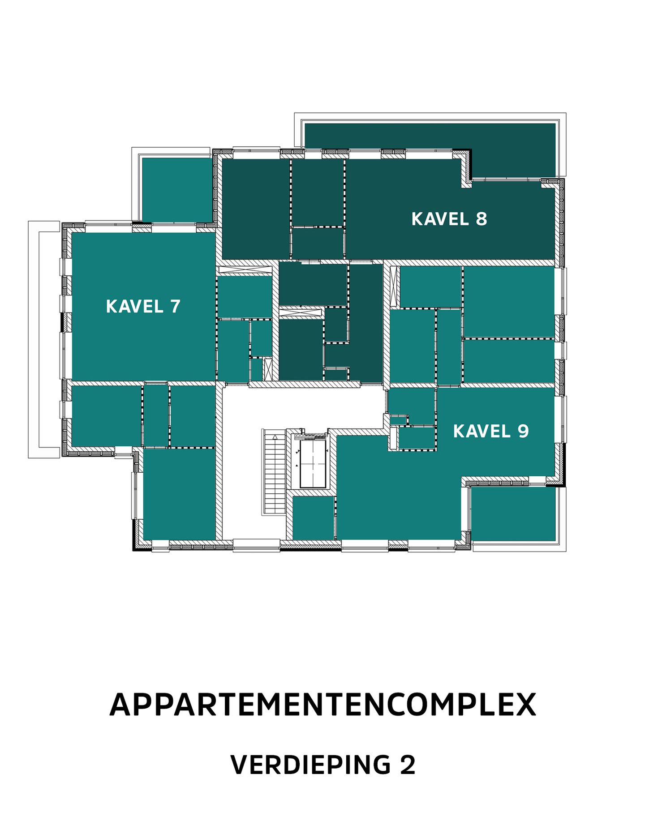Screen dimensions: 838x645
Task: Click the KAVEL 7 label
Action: [x=143, y=307]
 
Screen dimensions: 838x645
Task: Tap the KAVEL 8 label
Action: [x=449, y=219]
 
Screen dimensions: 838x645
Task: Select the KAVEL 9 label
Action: [x=490, y=431]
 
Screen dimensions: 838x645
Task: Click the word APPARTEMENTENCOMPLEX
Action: [x=322, y=705]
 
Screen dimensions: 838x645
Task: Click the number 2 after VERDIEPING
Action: [x=407, y=765]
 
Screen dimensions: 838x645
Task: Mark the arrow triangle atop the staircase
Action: [x=275, y=435]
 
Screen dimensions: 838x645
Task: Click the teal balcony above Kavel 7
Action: [x=176, y=189]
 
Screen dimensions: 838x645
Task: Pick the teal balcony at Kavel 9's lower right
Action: [x=513, y=514]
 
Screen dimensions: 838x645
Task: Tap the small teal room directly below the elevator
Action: [x=313, y=517]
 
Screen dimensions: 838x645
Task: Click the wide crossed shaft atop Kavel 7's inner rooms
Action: [x=245, y=270]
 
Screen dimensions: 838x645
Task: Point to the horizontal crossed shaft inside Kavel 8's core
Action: [x=301, y=312]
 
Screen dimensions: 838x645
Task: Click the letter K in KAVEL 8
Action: [x=417, y=219]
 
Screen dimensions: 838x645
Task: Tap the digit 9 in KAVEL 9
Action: [x=523, y=431]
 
